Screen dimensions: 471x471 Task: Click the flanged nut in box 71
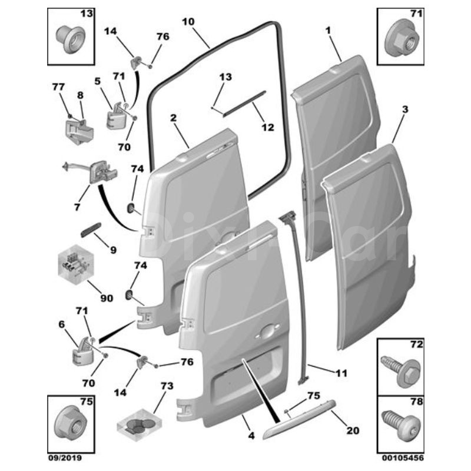(400, 40)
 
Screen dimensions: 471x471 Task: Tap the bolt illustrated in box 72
(400, 372)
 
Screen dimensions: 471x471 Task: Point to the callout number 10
(188, 22)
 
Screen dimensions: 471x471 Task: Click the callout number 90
(107, 298)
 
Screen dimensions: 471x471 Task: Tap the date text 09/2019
(65, 458)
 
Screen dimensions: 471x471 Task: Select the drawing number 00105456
(403, 458)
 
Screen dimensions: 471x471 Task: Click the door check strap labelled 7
(91, 173)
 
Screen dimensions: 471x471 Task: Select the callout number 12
(268, 127)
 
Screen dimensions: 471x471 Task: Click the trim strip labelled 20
(299, 419)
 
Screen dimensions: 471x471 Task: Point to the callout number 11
(341, 373)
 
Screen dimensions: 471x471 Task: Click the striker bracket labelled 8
(79, 131)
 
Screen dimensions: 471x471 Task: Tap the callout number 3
(405, 110)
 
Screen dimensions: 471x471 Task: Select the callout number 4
(251, 435)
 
